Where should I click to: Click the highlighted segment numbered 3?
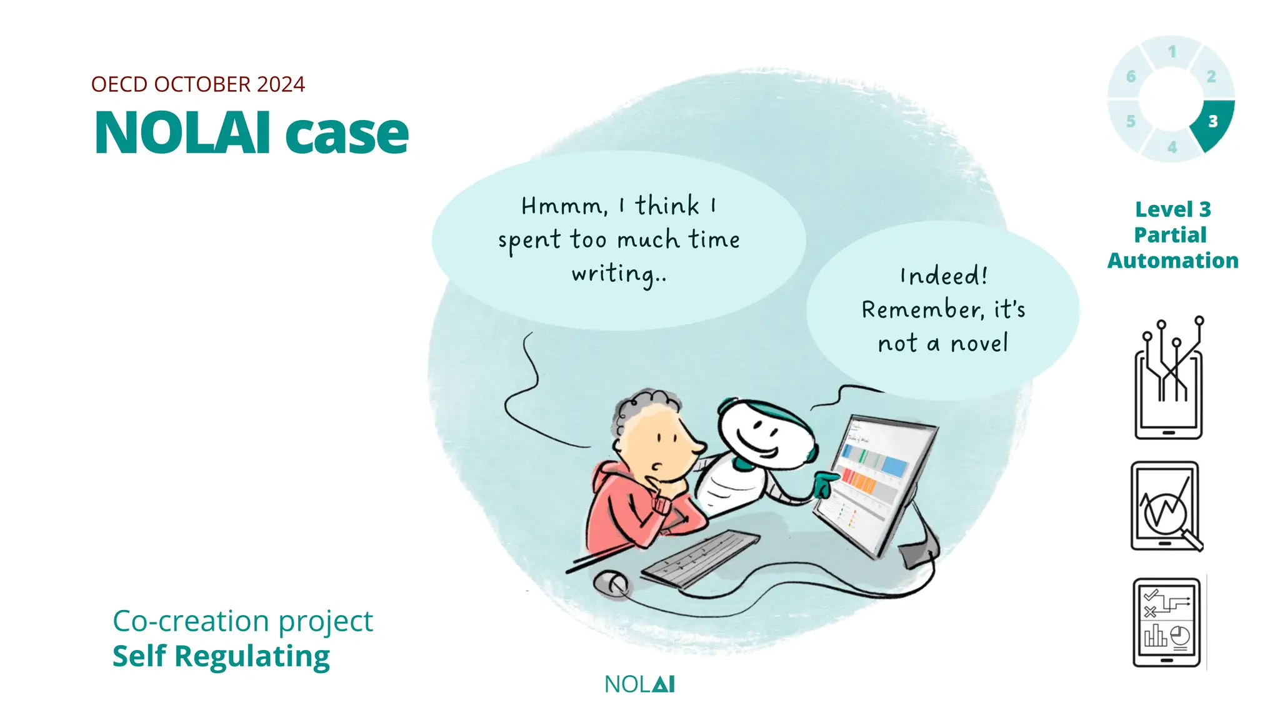click(x=1213, y=122)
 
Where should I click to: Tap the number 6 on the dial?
click(x=1131, y=77)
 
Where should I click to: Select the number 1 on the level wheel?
click(x=1172, y=51)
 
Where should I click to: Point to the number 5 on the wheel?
click(x=1131, y=121)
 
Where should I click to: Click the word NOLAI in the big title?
click(x=182, y=132)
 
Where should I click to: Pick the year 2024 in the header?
click(x=281, y=84)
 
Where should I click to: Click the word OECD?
click(x=119, y=84)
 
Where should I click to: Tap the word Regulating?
click(x=252, y=656)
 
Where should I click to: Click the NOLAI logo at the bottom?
click(x=639, y=684)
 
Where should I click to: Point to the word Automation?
click(x=1172, y=261)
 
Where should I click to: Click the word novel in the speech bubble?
click(x=979, y=343)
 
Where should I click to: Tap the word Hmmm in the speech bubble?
click(x=562, y=206)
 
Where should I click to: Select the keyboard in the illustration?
click(x=700, y=557)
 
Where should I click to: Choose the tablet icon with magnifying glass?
click(x=1166, y=507)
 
